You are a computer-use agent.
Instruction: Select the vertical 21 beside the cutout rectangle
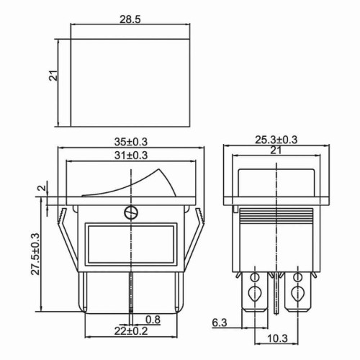click(53, 76)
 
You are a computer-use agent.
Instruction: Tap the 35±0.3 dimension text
click(130, 142)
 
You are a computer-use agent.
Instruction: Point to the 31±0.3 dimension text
click(130, 155)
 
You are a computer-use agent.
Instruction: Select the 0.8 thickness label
click(153, 319)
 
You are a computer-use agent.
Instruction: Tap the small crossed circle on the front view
click(130, 212)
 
